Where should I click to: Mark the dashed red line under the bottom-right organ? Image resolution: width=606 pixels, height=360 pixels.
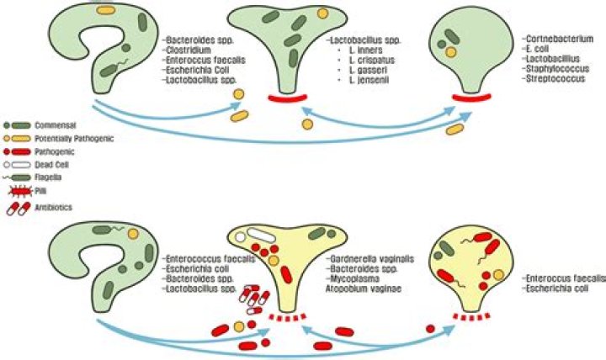[472, 318]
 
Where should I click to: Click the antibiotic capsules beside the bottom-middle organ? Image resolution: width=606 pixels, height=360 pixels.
[253, 299]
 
